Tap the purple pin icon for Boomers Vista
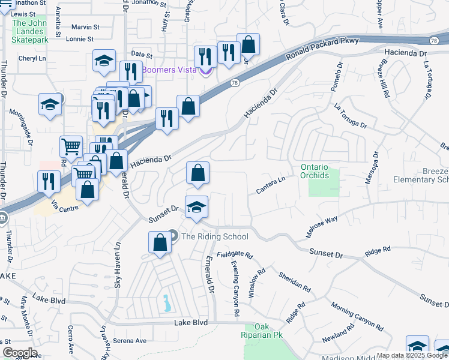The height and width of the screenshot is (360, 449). point(206,71)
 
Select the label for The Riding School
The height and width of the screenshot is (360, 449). point(214,236)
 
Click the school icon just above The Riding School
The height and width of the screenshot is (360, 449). point(196,207)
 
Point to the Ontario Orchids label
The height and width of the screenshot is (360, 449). point(315,171)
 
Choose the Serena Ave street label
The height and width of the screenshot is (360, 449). point(130,341)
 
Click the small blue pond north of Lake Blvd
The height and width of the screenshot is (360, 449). point(166,303)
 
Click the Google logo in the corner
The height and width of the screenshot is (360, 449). point(20,353)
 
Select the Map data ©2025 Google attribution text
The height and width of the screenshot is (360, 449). point(412,355)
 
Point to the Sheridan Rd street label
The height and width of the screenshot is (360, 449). point(295,281)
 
